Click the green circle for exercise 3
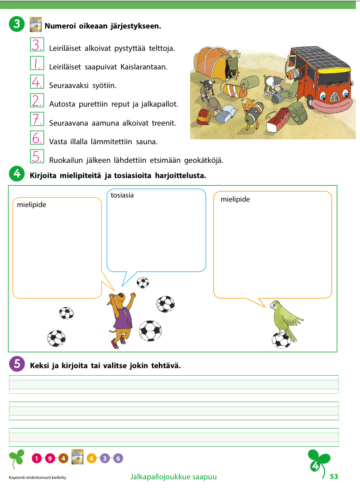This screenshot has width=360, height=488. pyautogui.click(x=16, y=24)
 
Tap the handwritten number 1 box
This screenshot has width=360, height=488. pyautogui.click(x=37, y=63)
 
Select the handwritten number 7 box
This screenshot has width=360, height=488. pyautogui.click(x=37, y=119)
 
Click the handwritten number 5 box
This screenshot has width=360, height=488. pyautogui.click(x=37, y=156)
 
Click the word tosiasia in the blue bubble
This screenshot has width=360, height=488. pyautogui.click(x=122, y=195)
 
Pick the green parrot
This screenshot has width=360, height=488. pyautogui.click(x=285, y=318)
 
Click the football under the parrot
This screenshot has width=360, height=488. pyautogui.click(x=281, y=340)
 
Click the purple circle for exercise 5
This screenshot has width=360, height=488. pyautogui.click(x=16, y=364)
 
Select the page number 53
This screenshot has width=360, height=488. pyautogui.click(x=334, y=476)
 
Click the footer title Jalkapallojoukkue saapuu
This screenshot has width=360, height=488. pyautogui.click(x=173, y=477)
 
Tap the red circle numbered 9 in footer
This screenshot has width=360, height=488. pyautogui.click(x=50, y=458)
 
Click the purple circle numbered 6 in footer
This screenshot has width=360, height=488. pyautogui.click(x=118, y=458)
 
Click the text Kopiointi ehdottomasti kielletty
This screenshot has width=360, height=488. pyautogui.click(x=37, y=478)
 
